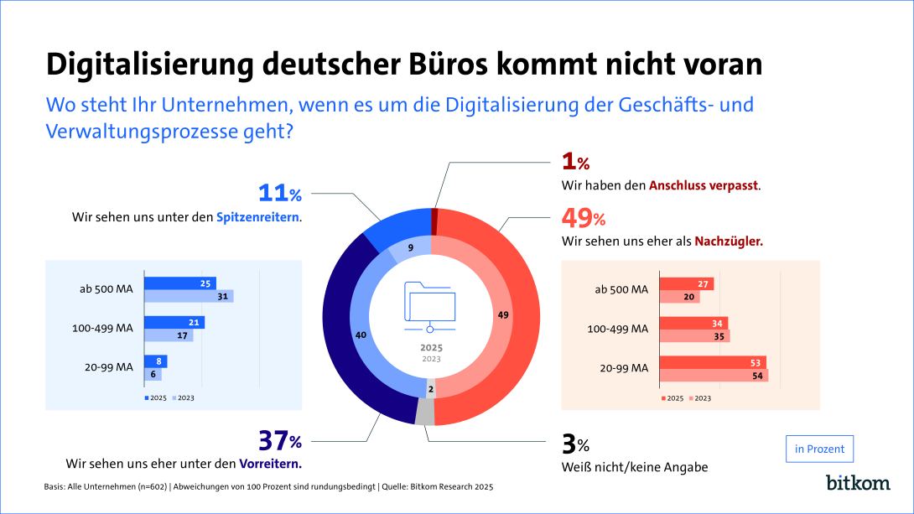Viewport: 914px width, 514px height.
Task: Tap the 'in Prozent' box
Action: (819, 449)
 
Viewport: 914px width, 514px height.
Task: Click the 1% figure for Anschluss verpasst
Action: (574, 162)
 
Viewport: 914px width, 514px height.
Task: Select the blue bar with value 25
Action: (179, 283)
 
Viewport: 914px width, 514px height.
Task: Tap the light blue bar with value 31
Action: (189, 296)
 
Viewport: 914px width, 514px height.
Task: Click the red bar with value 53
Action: (713, 362)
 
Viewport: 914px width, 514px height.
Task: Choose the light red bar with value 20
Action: (679, 296)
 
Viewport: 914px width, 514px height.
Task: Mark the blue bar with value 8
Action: (156, 361)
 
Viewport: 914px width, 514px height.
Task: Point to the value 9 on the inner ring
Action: (411, 247)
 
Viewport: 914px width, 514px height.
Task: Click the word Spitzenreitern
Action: (258, 217)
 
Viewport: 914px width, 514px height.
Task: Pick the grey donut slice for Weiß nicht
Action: (426, 412)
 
